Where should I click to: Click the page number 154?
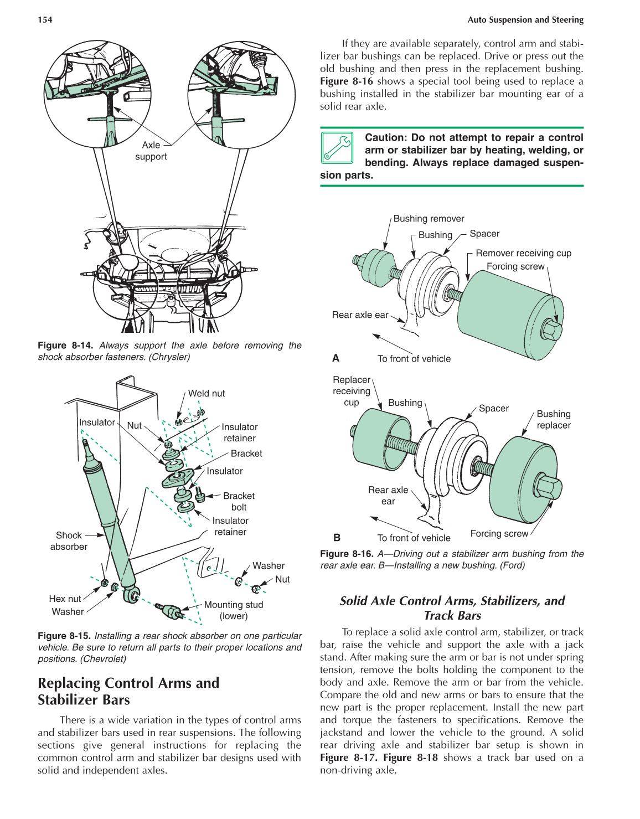[45, 20]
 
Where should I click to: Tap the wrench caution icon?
[337, 148]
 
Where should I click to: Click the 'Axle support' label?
[151, 151]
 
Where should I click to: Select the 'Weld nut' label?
[207, 393]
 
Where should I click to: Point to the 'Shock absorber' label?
[69, 541]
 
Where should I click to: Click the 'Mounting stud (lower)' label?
[234, 610]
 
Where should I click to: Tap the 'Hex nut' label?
[65, 599]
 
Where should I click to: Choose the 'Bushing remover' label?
[429, 219]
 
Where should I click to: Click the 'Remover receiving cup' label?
[523, 253]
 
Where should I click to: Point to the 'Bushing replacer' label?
[554, 420]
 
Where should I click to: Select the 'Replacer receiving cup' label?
[352, 391]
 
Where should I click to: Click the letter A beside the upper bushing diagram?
[336, 358]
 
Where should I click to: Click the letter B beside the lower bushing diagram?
[337, 537]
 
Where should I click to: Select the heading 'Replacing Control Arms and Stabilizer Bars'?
[128, 691]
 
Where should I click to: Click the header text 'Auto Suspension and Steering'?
[525, 20]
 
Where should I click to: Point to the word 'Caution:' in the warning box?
[386, 138]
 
